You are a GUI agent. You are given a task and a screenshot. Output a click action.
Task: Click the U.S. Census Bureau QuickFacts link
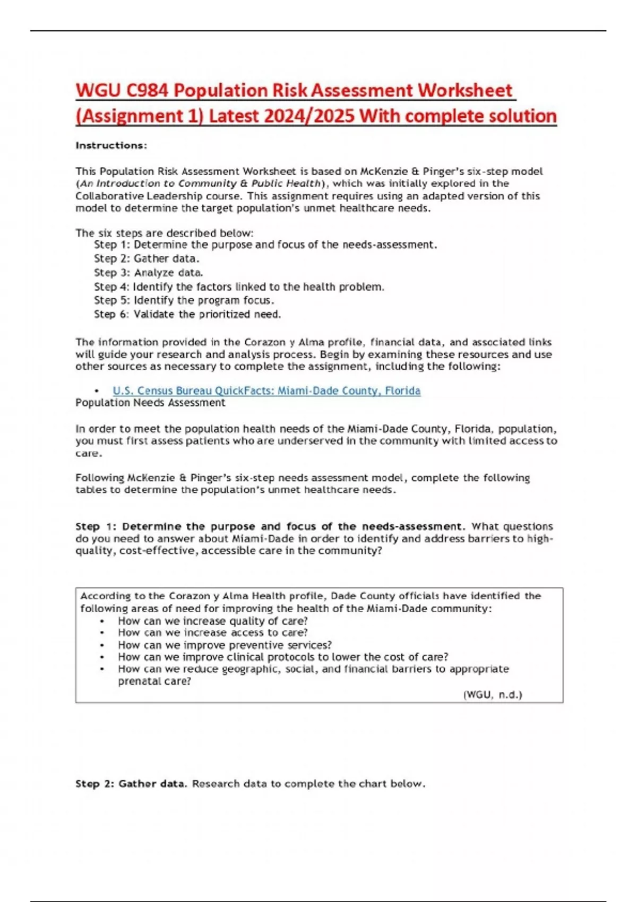[266, 391]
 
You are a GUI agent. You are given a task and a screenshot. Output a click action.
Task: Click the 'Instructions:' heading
[111, 145]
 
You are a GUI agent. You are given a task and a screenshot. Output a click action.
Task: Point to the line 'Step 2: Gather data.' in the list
[147, 259]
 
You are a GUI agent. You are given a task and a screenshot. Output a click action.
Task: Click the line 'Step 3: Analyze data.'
[148, 273]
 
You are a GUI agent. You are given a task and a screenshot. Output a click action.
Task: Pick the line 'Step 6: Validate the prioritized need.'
[187, 314]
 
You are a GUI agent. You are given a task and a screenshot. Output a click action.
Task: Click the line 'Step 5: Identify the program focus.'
[184, 300]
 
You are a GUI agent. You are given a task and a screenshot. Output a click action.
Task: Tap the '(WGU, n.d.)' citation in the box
[493, 695]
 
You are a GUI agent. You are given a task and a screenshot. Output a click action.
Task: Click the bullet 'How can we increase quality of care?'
[212, 621]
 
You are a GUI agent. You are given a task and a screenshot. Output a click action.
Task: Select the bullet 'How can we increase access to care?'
[212, 632]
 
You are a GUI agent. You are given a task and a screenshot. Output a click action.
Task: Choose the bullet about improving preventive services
[225, 645]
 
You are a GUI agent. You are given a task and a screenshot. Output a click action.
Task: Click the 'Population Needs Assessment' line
[150, 403]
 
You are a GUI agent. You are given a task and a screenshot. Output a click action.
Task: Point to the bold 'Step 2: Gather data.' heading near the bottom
[131, 784]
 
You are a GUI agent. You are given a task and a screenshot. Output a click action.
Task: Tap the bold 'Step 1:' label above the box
[96, 526]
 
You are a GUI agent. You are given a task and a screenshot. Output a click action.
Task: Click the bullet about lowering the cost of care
[283, 657]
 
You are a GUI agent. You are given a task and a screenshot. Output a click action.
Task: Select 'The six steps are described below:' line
[164, 233]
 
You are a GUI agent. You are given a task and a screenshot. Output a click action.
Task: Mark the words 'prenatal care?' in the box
[154, 681]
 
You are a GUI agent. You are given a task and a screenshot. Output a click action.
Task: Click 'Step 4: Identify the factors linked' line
[239, 287]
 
